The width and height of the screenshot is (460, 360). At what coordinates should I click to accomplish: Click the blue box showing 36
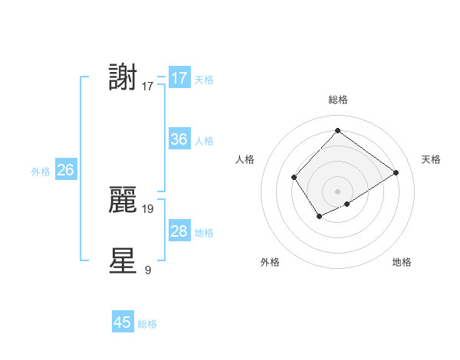pyautogui.click(x=179, y=139)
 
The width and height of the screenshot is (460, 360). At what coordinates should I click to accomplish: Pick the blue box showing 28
pyautogui.click(x=179, y=231)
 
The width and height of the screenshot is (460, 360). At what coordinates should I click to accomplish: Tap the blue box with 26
pyautogui.click(x=65, y=170)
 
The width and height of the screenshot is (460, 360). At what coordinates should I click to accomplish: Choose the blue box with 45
pyautogui.click(x=123, y=322)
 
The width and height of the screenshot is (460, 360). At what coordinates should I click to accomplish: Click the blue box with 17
pyautogui.click(x=179, y=78)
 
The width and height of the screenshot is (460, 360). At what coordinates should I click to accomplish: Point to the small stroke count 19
pyautogui.click(x=148, y=208)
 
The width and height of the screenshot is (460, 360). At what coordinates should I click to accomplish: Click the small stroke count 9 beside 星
pyautogui.click(x=148, y=269)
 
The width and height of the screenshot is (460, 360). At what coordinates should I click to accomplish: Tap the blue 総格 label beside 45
pyautogui.click(x=148, y=324)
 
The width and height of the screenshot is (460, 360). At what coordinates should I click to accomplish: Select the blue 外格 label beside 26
pyautogui.click(x=41, y=172)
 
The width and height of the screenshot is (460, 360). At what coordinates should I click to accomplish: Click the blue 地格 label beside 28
pyautogui.click(x=204, y=233)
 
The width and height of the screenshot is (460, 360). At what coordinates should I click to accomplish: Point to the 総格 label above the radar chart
pyautogui.click(x=337, y=100)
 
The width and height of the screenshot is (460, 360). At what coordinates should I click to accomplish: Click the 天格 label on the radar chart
pyautogui.click(x=431, y=159)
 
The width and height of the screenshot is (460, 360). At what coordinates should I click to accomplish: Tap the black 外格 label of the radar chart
pyautogui.click(x=270, y=262)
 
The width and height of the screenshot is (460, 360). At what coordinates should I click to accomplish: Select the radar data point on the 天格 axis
pyautogui.click(x=396, y=172)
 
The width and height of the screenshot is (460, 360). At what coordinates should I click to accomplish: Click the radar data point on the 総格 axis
pyautogui.click(x=337, y=131)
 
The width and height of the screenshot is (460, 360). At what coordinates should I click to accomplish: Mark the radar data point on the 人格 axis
pyautogui.click(x=294, y=177)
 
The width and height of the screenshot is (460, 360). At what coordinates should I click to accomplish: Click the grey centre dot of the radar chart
pyautogui.click(x=337, y=191)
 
